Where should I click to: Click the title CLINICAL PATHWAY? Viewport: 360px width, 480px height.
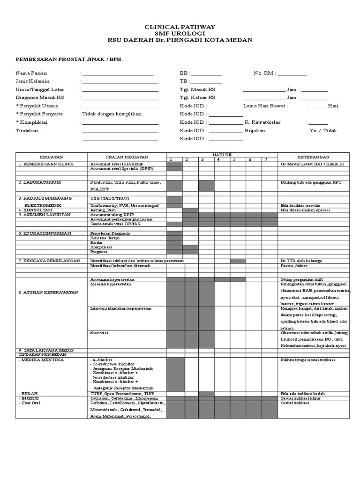tap(180, 27)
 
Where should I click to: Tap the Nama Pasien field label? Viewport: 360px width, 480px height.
tap(31, 73)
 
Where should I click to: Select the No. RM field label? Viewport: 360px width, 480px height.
tap(265, 73)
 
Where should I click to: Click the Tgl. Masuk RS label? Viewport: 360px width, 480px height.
tap(198, 90)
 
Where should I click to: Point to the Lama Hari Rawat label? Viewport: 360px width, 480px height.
tap(265, 106)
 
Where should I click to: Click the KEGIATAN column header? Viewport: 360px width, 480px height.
tap(52, 157)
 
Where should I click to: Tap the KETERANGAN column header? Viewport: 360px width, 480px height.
tap(313, 157)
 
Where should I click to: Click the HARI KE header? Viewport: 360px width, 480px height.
tap(222, 154)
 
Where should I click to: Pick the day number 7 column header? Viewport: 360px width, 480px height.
tap(266, 159)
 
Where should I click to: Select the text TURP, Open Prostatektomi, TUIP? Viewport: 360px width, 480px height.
tap(122, 394)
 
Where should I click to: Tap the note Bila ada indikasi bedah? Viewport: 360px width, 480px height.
tap(302, 394)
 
